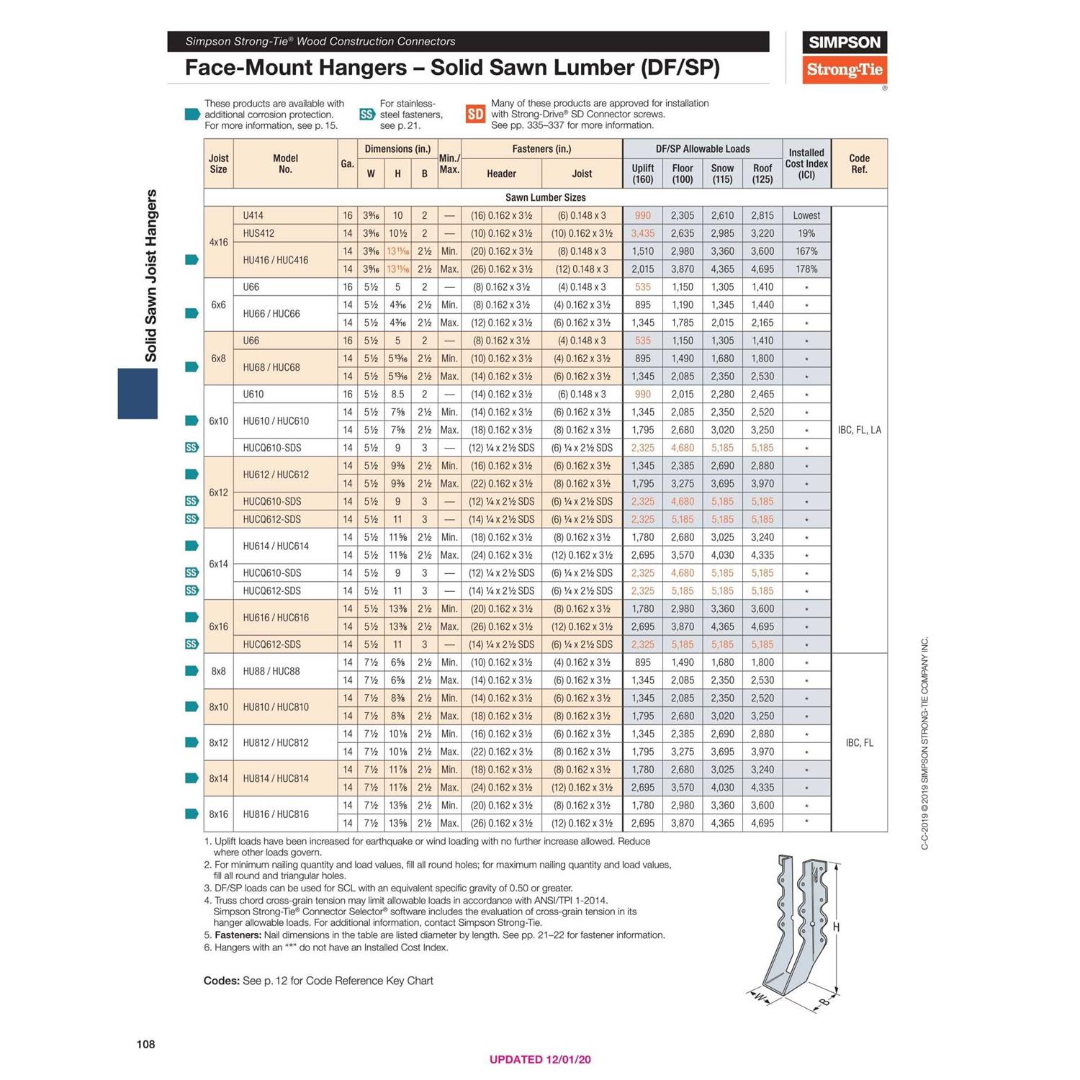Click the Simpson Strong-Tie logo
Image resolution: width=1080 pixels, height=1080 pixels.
[x=844, y=58]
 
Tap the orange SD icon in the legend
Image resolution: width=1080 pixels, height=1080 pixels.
[x=475, y=114]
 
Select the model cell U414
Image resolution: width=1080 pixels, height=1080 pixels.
[x=253, y=215]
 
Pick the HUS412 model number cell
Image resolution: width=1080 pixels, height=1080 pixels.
[x=258, y=233]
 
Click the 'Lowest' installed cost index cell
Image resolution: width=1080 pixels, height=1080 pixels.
[x=806, y=215]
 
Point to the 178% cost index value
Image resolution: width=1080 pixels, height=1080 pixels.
[x=806, y=269]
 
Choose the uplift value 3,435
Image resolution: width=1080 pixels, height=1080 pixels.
[x=642, y=233]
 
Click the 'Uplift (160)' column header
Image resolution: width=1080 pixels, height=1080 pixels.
[x=642, y=174]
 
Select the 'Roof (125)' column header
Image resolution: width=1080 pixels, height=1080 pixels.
[x=762, y=174]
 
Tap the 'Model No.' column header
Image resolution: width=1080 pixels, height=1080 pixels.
[x=285, y=163]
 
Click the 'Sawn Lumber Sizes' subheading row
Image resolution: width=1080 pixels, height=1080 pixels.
[x=545, y=197]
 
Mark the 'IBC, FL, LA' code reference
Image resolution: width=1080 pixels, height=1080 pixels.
[x=859, y=430]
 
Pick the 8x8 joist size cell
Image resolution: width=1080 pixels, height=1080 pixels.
[x=218, y=671]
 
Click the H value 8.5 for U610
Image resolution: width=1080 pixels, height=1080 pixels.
[x=397, y=395]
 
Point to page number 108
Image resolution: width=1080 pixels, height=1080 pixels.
[x=145, y=1044]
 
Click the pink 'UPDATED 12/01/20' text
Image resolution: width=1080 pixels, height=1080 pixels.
[x=540, y=1059]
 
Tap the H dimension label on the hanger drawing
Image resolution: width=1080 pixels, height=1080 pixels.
[x=836, y=927]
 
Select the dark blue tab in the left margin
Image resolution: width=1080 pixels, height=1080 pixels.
[x=138, y=393]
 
